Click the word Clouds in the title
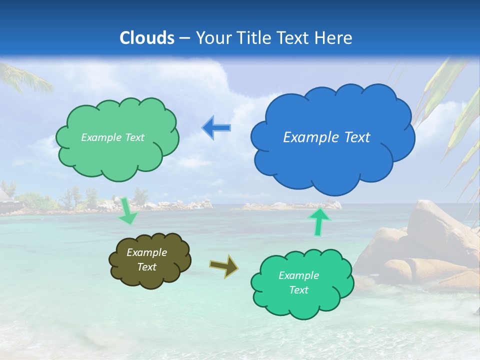pyautogui.click(x=147, y=38)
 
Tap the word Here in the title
pyautogui.click(x=334, y=38)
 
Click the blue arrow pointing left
pyautogui.click(x=216, y=128)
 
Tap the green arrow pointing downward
pyautogui.click(x=127, y=210)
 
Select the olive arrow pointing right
pyautogui.click(x=223, y=265)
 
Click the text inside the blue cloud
pyautogui.click(x=326, y=137)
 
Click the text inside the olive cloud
pyautogui.click(x=146, y=260)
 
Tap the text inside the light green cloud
pyautogui.click(x=112, y=137)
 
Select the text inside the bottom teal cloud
pyautogui.click(x=298, y=282)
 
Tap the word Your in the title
pyautogui.click(x=210, y=38)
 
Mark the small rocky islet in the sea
pyautogui.click(x=295, y=205)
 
